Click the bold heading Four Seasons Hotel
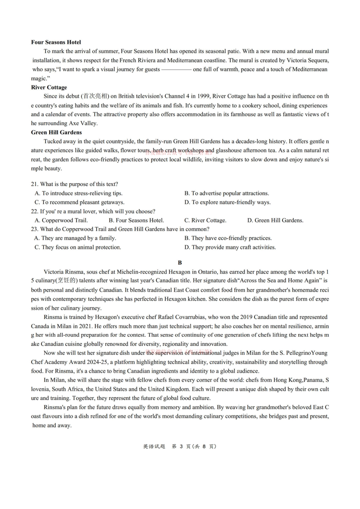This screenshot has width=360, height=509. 56,42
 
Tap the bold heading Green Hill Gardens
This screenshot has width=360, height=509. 56,132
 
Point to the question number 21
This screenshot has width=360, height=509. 34,184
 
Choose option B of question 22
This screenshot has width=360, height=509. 136,220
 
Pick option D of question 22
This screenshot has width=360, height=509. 275,220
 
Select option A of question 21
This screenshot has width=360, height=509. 78,193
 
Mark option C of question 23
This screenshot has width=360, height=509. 78,247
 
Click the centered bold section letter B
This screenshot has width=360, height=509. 180,262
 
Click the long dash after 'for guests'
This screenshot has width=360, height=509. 176,69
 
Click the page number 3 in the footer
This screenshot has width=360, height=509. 181,447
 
